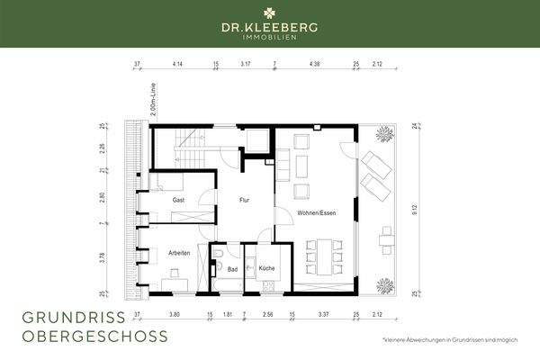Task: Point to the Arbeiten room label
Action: click(178, 253)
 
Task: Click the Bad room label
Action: click(232, 268)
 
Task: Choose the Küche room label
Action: click(266, 268)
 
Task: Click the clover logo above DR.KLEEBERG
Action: click(269, 13)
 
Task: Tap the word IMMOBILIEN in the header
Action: click(269, 37)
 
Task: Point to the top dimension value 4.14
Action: click(176, 65)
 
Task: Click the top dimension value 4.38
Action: click(314, 65)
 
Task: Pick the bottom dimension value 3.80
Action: click(175, 316)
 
